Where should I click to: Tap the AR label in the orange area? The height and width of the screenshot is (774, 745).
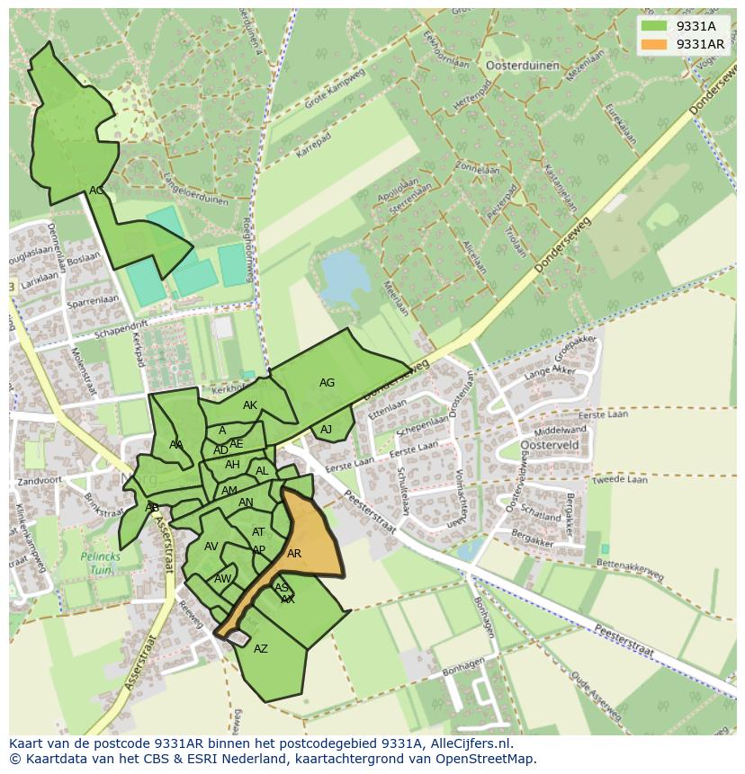pyautogui.click(x=294, y=554)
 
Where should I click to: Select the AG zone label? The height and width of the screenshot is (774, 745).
pyautogui.click(x=327, y=383)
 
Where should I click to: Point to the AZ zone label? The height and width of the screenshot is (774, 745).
pyautogui.click(x=261, y=649)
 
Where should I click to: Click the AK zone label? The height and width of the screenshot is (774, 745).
pyautogui.click(x=250, y=405)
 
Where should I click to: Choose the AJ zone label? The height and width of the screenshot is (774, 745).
pyautogui.click(x=326, y=430)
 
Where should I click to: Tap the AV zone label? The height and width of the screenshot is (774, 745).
pyautogui.click(x=211, y=547)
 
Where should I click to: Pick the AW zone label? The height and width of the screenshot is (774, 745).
pyautogui.click(x=222, y=579)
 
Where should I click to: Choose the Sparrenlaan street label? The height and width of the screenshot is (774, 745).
pyautogui.click(x=93, y=302)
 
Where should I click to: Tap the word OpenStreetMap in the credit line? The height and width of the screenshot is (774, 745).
pyautogui.click(x=484, y=759)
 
